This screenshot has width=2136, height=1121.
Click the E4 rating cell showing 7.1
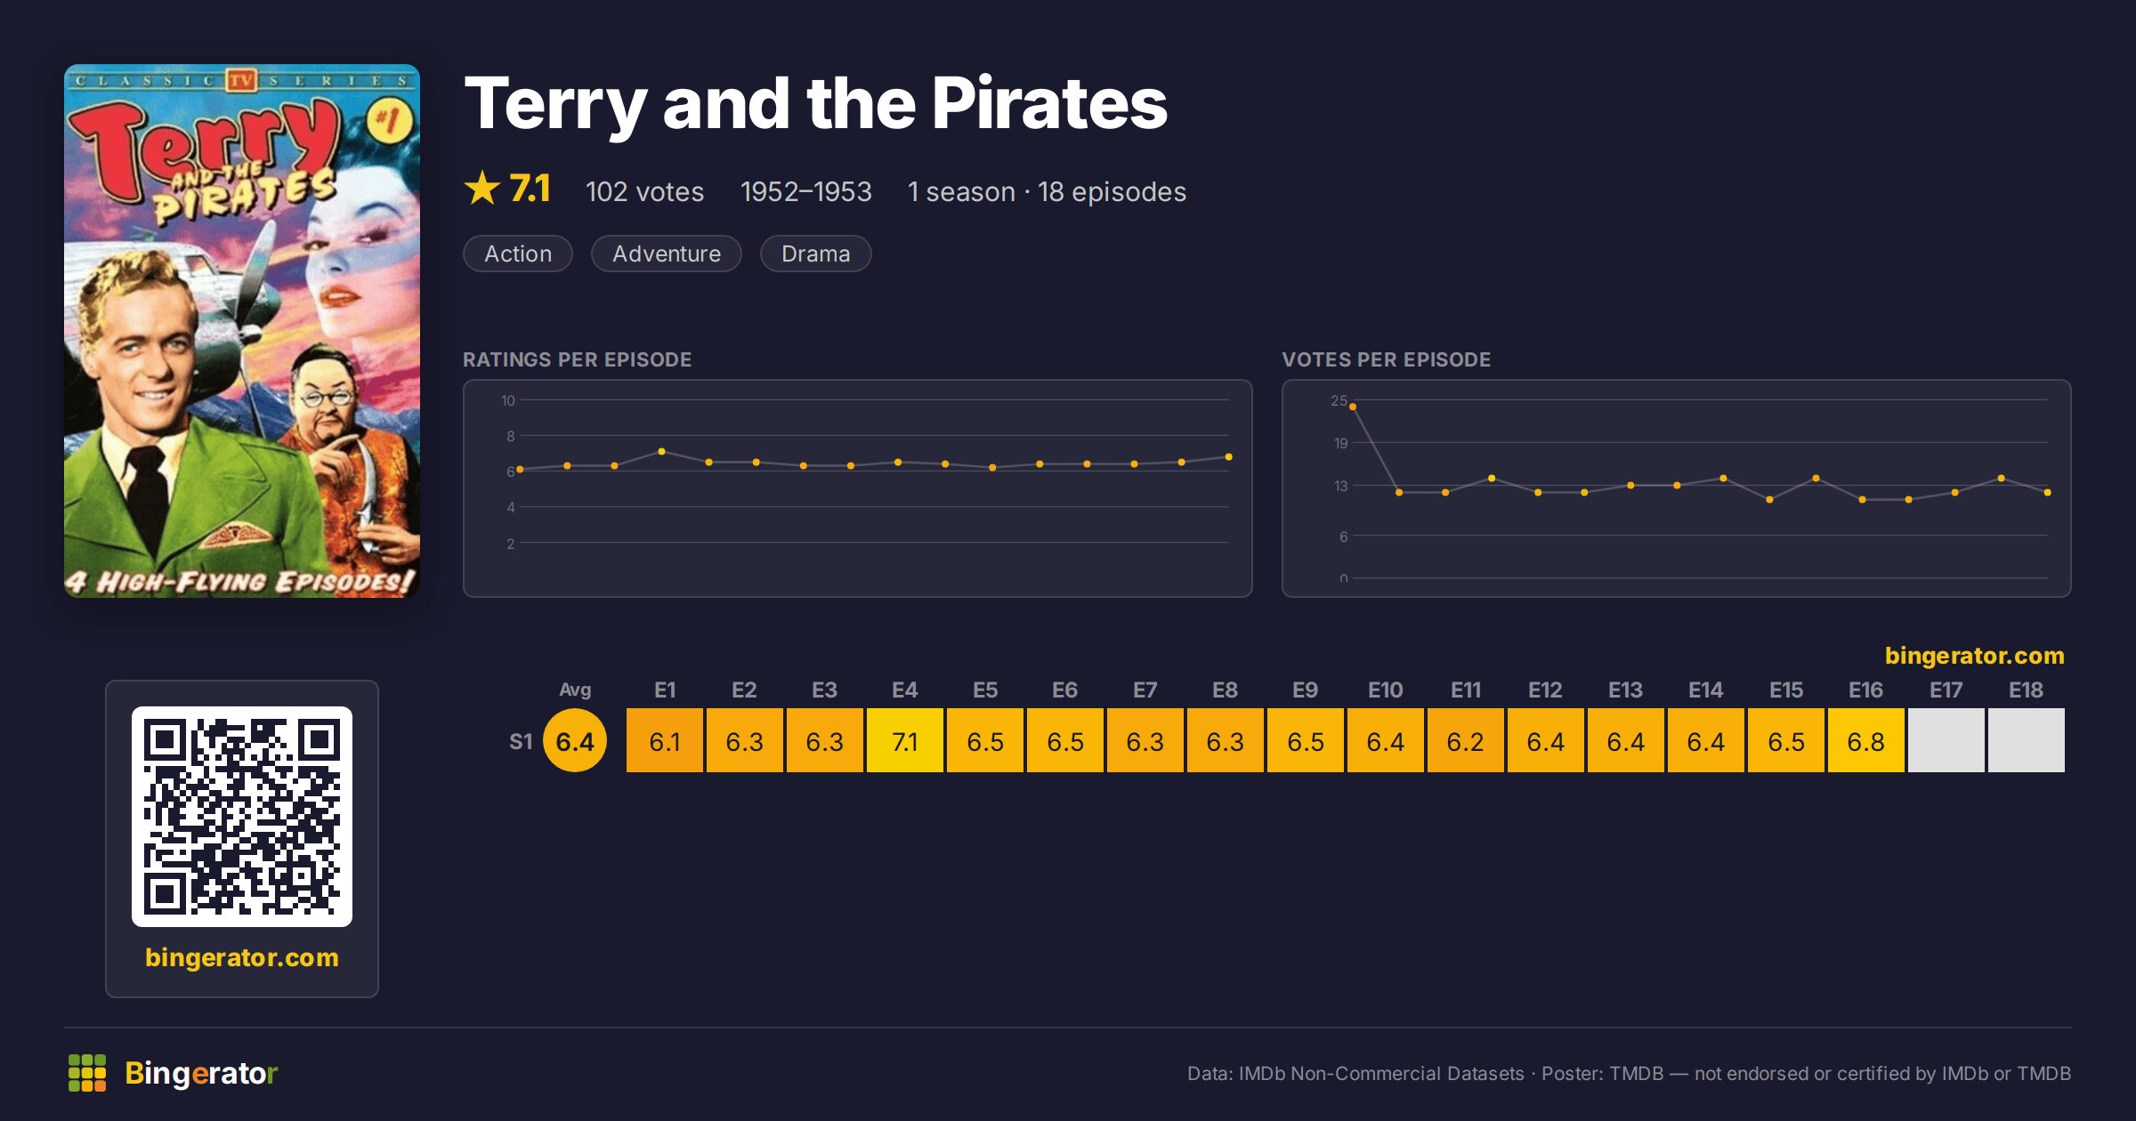904,740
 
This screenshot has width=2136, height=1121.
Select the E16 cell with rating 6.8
1865,740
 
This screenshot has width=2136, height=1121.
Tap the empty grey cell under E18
2026,740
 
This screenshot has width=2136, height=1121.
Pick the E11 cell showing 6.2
1465,740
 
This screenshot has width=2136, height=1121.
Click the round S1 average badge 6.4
575,740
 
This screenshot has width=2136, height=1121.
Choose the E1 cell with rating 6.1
664,740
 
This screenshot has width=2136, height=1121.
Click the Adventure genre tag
667,254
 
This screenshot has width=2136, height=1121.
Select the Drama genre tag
815,254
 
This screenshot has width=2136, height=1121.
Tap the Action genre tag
518,254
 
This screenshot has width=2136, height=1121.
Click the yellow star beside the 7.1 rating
482,188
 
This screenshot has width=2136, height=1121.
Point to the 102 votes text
644,191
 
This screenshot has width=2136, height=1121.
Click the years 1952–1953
805,191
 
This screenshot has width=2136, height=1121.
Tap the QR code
242,817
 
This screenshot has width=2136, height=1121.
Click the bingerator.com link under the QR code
242,957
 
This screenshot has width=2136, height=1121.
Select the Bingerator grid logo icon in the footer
87,1073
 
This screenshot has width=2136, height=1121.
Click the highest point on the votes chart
1353,407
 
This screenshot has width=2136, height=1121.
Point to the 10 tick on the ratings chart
507,400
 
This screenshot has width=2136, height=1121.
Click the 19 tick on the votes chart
1340,443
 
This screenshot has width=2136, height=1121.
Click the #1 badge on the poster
389,120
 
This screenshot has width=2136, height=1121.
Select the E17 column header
1946,690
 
